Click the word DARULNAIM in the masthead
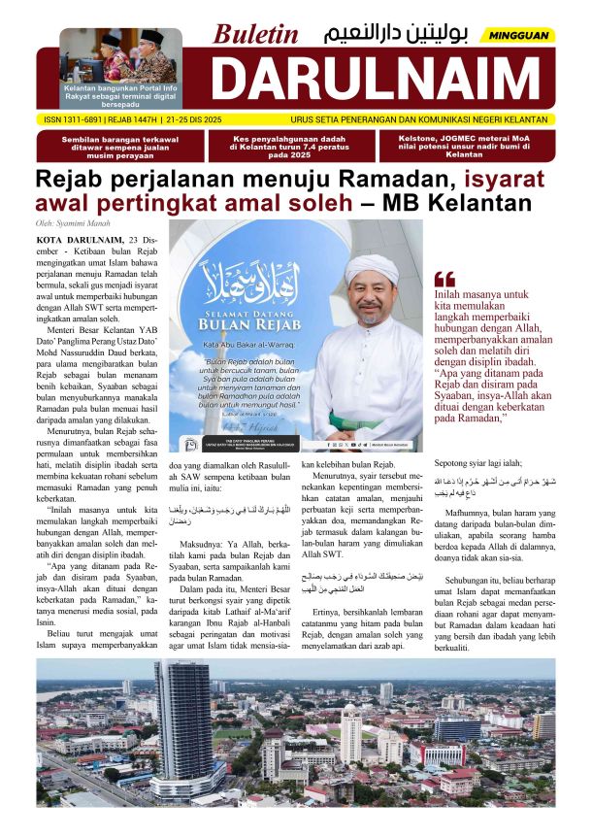tap(374, 80)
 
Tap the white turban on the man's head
tap(371, 266)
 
